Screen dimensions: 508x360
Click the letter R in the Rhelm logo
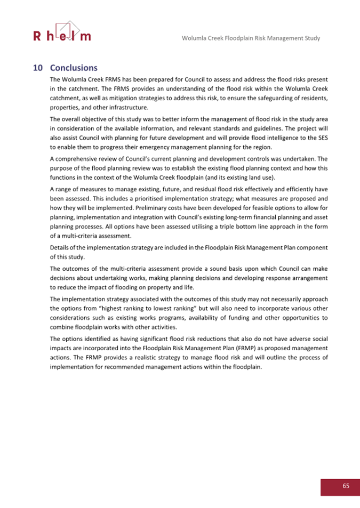(37, 37)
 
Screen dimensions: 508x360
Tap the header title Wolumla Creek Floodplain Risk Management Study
(251, 38)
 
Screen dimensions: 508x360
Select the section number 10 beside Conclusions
(38, 68)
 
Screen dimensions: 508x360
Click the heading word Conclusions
(74, 68)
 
